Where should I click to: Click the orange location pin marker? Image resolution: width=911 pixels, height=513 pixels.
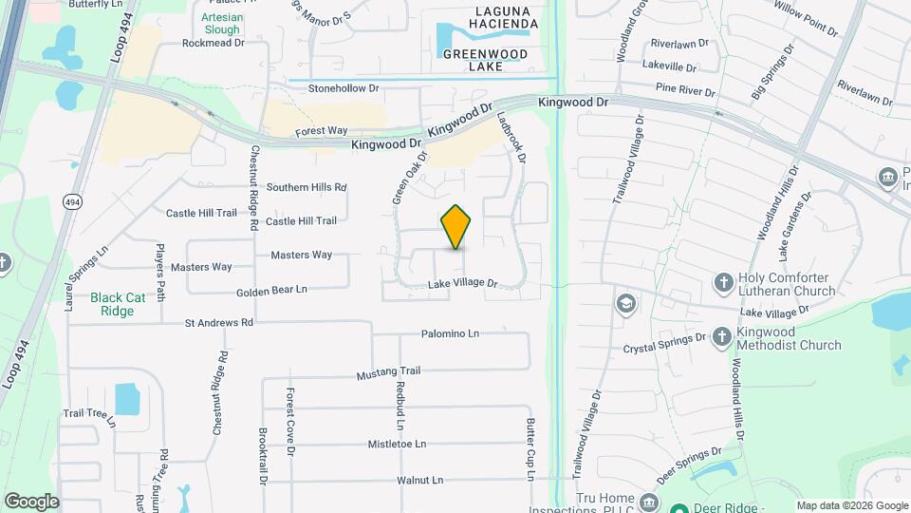456,227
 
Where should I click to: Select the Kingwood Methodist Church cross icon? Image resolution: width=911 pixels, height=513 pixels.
722,337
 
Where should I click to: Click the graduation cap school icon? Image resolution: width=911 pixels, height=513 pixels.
624,304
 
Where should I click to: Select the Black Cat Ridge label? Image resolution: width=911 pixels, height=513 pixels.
118,304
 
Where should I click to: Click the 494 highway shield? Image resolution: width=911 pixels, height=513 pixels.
72,201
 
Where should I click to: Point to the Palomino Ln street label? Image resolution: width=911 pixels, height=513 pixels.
451,334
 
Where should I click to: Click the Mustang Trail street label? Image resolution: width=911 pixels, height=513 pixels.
388,370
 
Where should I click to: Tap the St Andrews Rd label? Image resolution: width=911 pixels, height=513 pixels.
219,322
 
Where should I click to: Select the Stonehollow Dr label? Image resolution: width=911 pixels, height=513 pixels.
344,88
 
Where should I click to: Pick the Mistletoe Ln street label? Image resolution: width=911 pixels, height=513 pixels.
398,444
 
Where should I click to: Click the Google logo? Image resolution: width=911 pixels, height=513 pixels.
31,501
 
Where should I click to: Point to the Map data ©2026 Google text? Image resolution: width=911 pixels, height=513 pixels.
851,505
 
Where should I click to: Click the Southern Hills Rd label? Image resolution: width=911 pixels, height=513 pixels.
307,187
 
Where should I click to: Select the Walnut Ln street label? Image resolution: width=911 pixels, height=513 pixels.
420,481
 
